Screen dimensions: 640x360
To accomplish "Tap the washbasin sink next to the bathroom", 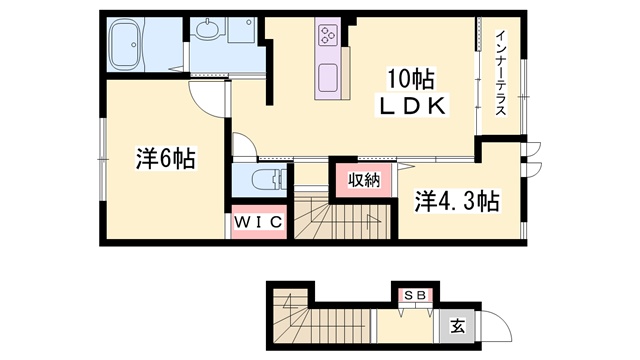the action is [208, 29].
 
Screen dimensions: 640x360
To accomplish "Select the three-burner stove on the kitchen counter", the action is [328, 34].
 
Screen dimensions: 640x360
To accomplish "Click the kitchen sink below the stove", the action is [327, 78].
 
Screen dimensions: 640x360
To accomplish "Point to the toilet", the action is [269, 180].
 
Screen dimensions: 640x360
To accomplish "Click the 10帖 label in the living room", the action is [410, 79].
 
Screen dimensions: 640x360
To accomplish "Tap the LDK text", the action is [412, 106].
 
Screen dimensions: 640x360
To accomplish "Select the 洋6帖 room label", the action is [166, 158].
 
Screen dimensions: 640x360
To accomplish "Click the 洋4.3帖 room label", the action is [457, 201].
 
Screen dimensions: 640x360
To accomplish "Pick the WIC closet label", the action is [258, 222].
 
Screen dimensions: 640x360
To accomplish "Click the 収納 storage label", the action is [364, 180].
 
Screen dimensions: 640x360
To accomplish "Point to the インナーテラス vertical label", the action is [501, 73].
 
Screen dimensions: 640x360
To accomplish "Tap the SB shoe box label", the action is [416, 295].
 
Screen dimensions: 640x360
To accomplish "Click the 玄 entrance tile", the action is [458, 326].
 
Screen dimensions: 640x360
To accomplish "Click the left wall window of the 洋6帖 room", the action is [103, 158].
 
